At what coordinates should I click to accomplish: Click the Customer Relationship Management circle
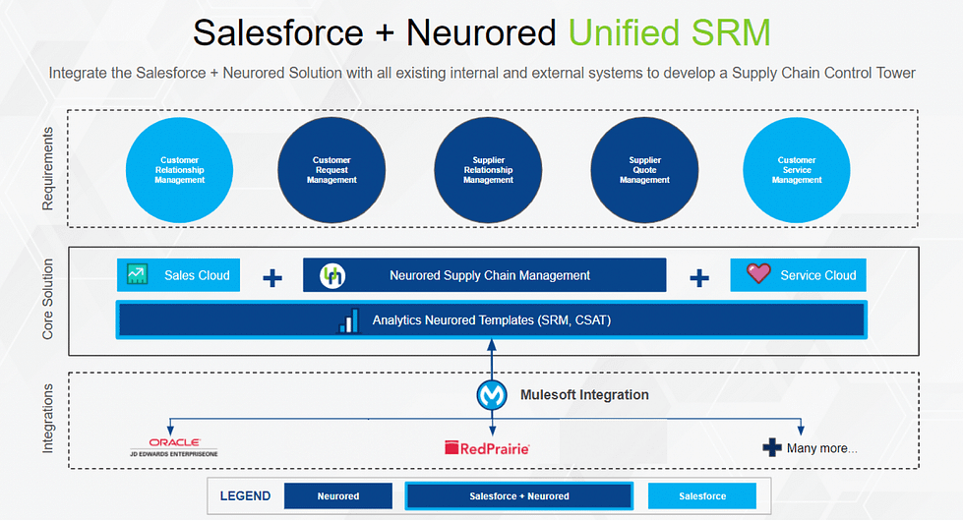coord(180,170)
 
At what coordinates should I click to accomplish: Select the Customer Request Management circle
coord(331,170)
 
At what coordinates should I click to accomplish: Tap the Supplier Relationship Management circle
coord(488,170)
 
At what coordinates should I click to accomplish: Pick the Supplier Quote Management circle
coord(644,170)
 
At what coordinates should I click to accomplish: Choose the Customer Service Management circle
coord(796,170)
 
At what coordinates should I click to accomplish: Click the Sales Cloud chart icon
coord(137,275)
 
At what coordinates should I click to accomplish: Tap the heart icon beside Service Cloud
coord(758,274)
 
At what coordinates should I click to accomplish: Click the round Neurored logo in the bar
coord(332,276)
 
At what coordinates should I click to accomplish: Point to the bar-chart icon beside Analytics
coord(349,320)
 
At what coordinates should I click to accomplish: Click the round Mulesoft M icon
coord(491,395)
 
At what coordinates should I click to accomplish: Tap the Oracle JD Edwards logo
coord(174,447)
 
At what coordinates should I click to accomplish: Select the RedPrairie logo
coord(487,448)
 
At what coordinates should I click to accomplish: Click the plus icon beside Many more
coord(772,448)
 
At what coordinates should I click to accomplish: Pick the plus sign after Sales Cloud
coord(272,278)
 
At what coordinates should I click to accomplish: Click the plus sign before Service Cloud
coord(699,278)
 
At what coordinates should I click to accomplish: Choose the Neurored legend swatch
coord(337,496)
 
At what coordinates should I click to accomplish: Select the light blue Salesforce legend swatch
coord(701,496)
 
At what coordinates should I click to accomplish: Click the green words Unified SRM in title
coord(669,32)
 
